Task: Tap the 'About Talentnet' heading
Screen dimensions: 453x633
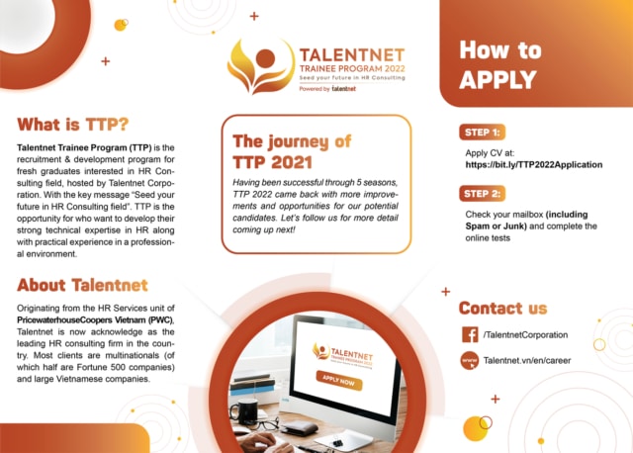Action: tap(82, 286)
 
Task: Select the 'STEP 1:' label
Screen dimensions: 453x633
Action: tap(483, 131)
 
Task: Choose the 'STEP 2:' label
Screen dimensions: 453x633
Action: tap(483, 193)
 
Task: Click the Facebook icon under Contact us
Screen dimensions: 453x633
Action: tap(470, 336)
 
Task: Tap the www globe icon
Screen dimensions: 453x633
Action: tap(470, 361)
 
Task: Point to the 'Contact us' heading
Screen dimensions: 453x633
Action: tap(502, 308)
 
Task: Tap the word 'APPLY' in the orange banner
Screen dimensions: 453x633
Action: tap(497, 80)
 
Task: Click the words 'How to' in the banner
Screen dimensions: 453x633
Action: tap(500, 50)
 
